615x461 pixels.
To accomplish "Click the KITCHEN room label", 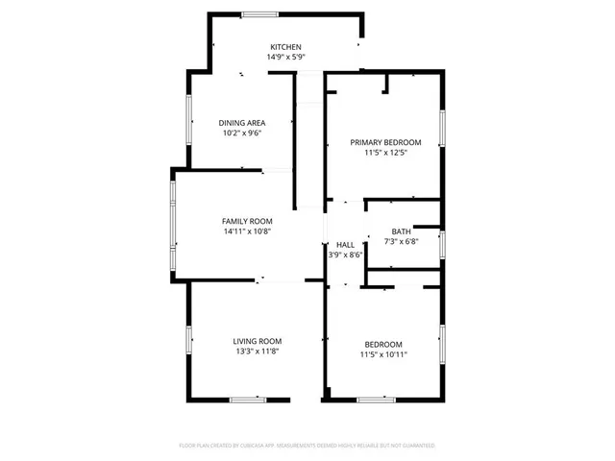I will point(285,47).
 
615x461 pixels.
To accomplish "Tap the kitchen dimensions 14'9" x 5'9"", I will point(285,58).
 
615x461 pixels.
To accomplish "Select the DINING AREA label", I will point(241,123).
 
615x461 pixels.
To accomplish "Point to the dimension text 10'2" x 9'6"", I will point(241,133).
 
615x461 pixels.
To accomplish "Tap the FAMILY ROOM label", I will point(248,221).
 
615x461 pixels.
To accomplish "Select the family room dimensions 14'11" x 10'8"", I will point(248,231).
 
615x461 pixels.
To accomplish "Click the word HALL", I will point(345,245).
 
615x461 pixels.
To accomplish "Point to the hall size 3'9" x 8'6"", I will point(345,255).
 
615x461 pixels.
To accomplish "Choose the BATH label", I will point(401,231).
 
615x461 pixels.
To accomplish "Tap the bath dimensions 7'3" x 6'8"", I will point(401,242).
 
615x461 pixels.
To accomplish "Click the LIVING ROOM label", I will point(258,341).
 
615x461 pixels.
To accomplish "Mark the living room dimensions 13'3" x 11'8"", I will point(258,352).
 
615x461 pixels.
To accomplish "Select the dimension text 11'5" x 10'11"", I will point(382,355).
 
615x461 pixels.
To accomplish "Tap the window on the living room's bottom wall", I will point(247,399).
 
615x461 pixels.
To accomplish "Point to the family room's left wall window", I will point(173,227).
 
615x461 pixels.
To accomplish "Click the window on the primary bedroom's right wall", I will point(443,127).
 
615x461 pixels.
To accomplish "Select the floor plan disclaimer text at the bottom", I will point(307,446).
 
